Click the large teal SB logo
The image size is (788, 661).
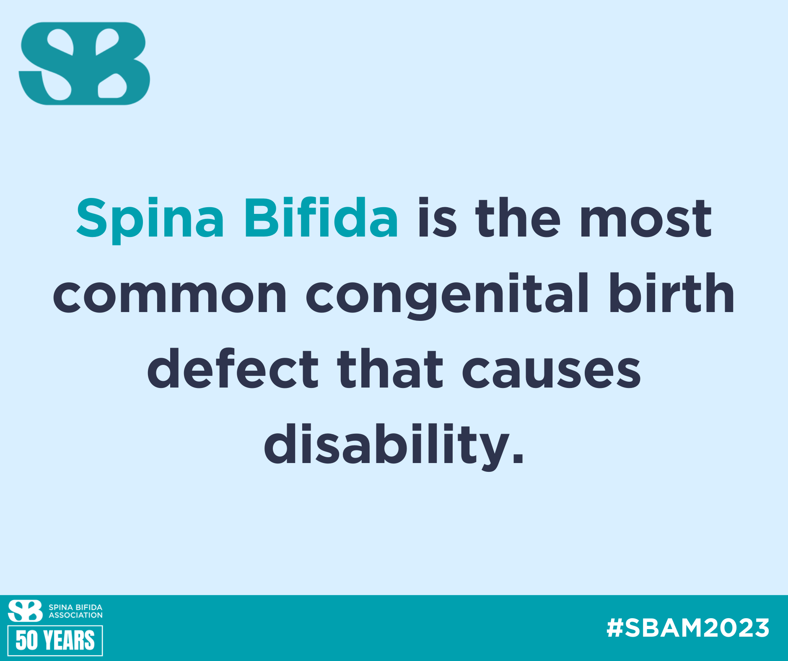[84, 63]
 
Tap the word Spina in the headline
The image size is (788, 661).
[150, 220]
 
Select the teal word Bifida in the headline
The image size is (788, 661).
[321, 218]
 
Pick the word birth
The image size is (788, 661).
[671, 293]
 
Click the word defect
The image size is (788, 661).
[233, 368]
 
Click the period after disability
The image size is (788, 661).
[518, 458]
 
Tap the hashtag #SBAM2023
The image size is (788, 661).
[688, 628]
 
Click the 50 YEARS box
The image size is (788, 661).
[55, 640]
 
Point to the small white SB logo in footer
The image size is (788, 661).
[25, 611]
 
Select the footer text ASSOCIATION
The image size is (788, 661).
[75, 615]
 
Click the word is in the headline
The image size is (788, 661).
[437, 218]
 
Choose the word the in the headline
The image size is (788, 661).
[518, 218]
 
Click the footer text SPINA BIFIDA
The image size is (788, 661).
[75, 607]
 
